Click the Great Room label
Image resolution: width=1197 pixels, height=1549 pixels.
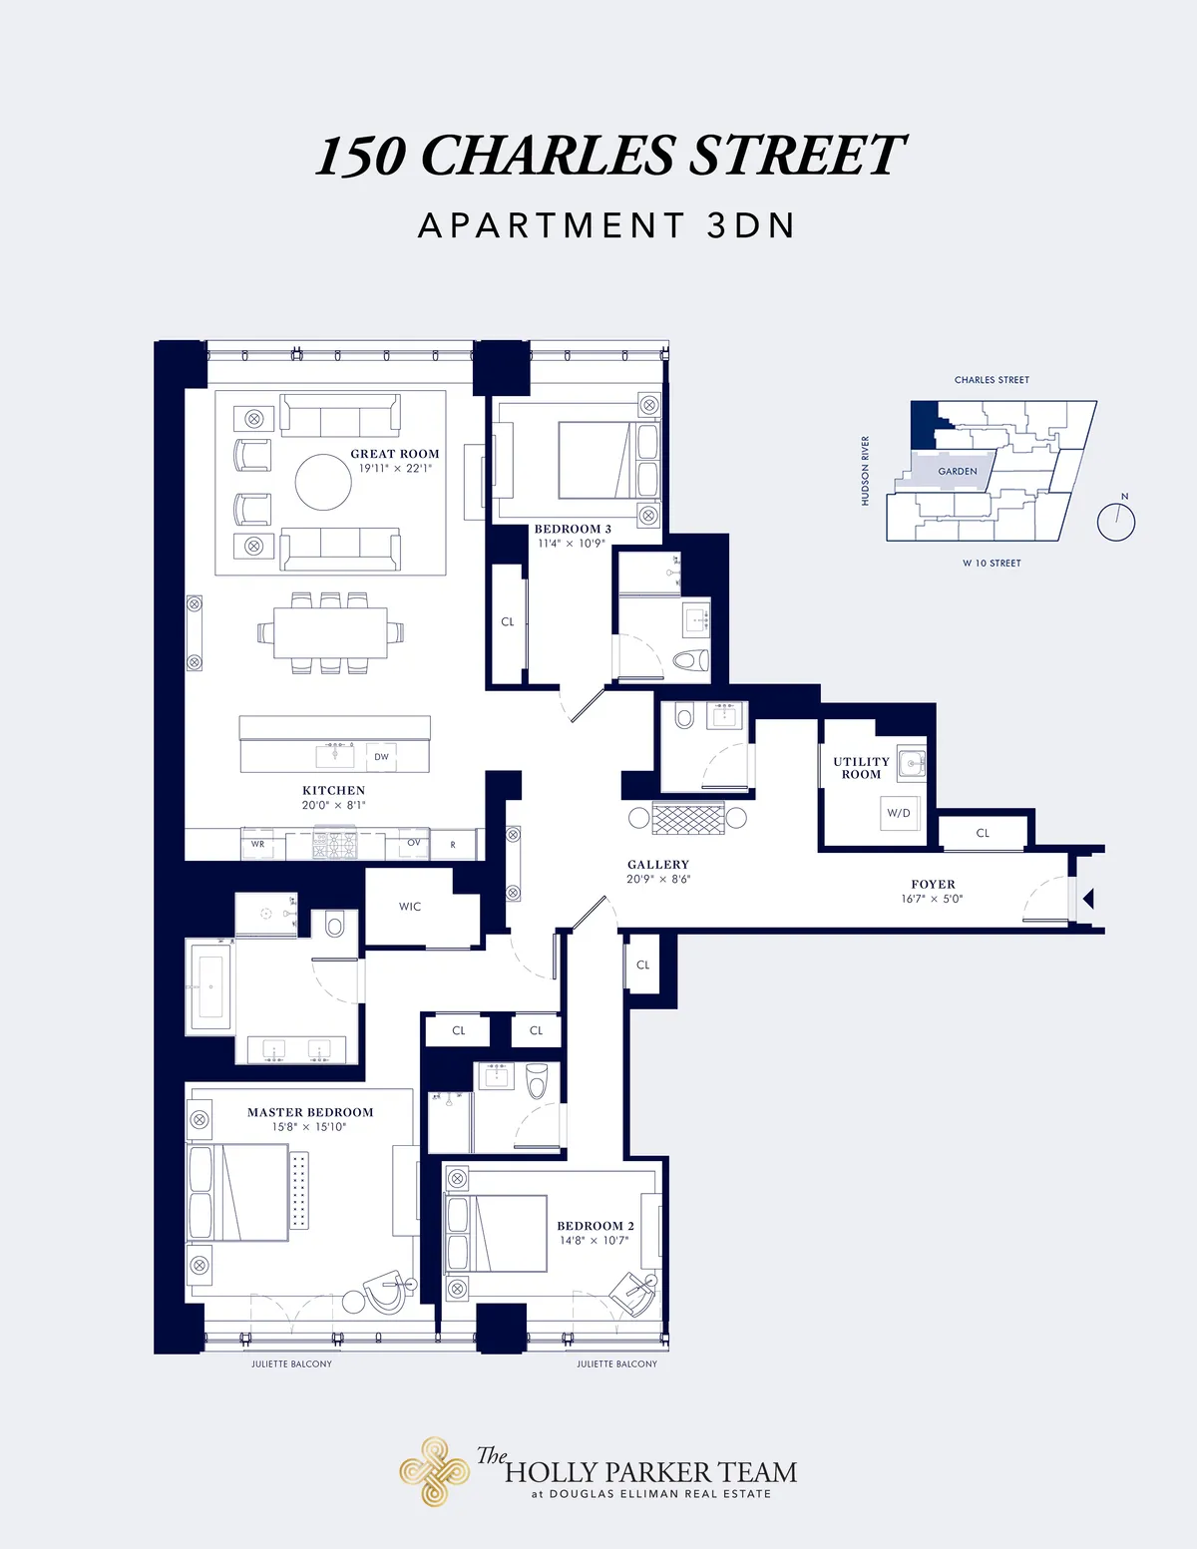394,454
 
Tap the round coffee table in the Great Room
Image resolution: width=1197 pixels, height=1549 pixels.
323,482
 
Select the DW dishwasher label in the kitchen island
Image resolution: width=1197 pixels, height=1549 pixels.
381,757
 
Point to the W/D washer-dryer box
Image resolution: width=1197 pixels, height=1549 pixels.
899,813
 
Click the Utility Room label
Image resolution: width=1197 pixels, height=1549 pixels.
861,768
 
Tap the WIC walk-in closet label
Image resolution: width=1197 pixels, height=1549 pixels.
410,907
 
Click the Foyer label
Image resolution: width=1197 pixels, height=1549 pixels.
933,885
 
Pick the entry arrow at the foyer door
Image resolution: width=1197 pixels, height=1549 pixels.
1088,899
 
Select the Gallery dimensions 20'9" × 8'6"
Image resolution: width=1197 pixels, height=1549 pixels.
658,880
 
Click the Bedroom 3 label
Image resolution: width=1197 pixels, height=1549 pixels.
573,530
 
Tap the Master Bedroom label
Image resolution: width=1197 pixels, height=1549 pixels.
310,1112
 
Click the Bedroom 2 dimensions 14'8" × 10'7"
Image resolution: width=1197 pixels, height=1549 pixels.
595,1241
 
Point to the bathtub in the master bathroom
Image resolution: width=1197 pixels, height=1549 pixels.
210,986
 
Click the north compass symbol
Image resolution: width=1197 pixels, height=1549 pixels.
1116,521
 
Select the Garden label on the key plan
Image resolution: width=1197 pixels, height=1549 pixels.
958,472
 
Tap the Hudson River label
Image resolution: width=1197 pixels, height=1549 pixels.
866,471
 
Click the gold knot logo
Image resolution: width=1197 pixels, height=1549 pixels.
434,1471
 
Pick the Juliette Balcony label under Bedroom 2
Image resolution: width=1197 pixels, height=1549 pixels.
616,1363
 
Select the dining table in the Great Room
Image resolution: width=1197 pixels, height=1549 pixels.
330,632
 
